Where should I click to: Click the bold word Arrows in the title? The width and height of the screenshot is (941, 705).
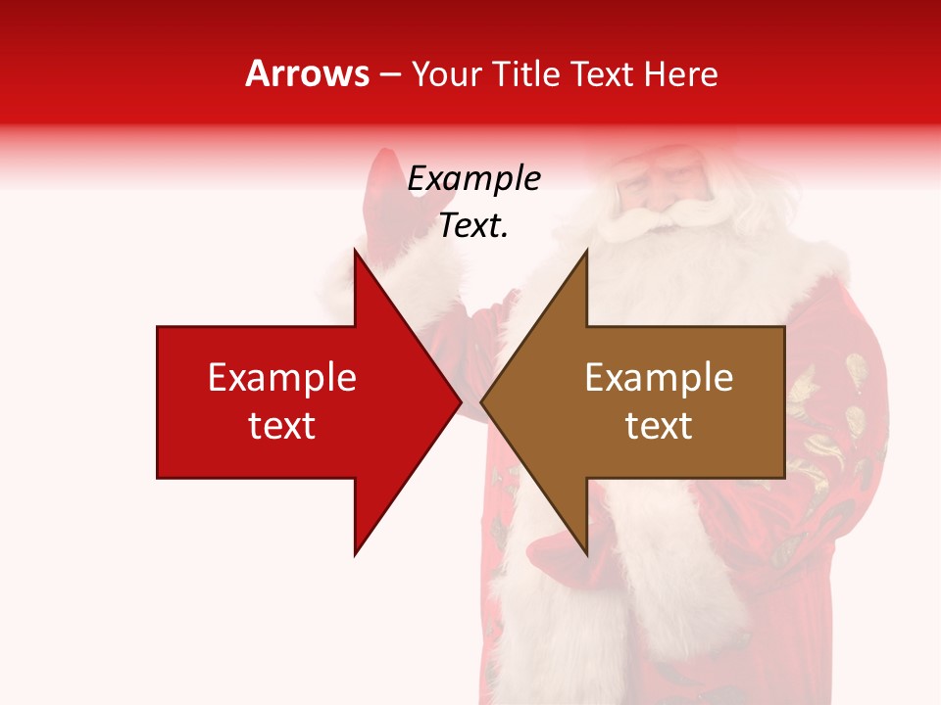click(307, 73)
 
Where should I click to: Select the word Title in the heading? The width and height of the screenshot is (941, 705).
click(524, 73)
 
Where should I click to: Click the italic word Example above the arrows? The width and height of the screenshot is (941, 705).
click(474, 179)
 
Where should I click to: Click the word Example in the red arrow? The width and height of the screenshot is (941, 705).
click(282, 377)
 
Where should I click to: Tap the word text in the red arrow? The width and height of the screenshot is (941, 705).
click(282, 426)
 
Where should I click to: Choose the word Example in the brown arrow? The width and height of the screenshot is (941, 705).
click(659, 377)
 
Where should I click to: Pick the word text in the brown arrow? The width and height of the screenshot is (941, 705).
click(659, 426)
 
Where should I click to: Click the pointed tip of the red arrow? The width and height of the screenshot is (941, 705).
click(460, 401)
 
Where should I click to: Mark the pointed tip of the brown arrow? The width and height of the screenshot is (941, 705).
click(482, 401)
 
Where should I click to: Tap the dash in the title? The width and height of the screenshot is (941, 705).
click(389, 74)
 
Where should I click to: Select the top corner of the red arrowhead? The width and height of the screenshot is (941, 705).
click(355, 251)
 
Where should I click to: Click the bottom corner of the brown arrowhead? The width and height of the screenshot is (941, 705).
click(586, 554)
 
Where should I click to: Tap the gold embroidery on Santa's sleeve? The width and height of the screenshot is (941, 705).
click(833, 411)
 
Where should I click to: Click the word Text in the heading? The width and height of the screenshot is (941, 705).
click(604, 73)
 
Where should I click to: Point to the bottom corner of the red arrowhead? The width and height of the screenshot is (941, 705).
click(355, 554)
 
